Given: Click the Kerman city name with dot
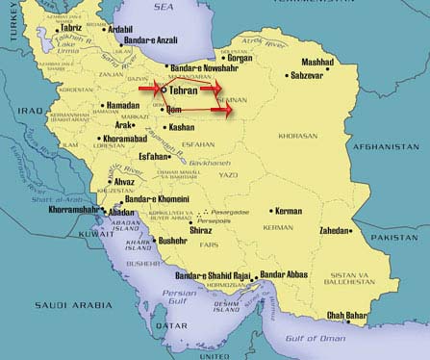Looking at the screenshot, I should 288,211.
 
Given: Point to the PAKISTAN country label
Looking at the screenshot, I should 398,236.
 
